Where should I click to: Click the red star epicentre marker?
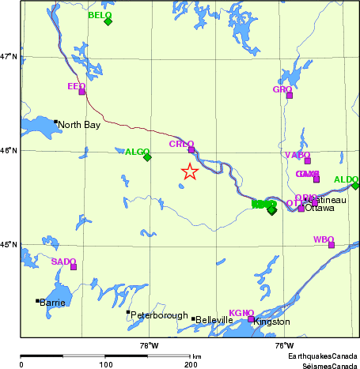tap(190, 171)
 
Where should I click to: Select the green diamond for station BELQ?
tap(108, 21)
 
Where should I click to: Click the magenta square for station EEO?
tap(81, 92)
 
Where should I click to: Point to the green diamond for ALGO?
tap(147, 156)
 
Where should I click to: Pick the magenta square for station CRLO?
tap(191, 149)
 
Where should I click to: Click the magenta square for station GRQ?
tap(290, 95)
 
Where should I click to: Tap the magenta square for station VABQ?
tap(308, 160)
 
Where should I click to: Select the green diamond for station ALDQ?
tap(355, 186)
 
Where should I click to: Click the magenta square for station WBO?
tap(332, 245)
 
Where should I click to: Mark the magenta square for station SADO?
tap(74, 267)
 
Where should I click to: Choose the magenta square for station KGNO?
tap(251, 319)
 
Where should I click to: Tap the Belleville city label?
tap(214, 320)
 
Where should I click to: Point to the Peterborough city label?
tap(159, 315)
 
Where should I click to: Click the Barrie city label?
tap(53, 303)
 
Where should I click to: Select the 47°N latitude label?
tap(9, 56)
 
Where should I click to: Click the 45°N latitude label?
tap(9, 244)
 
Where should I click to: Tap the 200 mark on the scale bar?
tap(190, 364)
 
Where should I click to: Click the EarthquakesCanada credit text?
tap(321, 356)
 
